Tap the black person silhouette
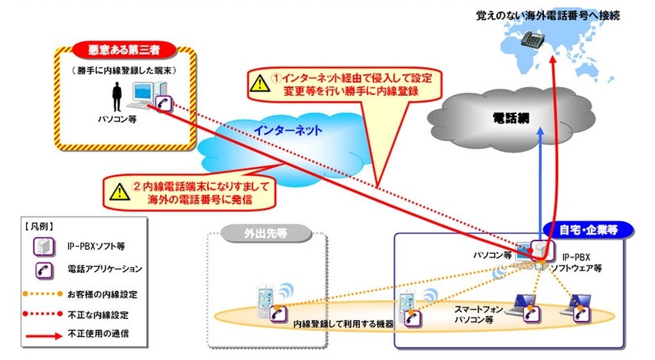pos(117,98)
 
